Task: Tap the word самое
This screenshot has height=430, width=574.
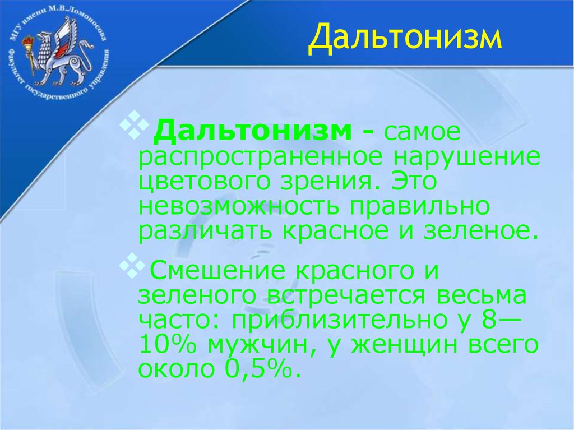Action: (x=422, y=133)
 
